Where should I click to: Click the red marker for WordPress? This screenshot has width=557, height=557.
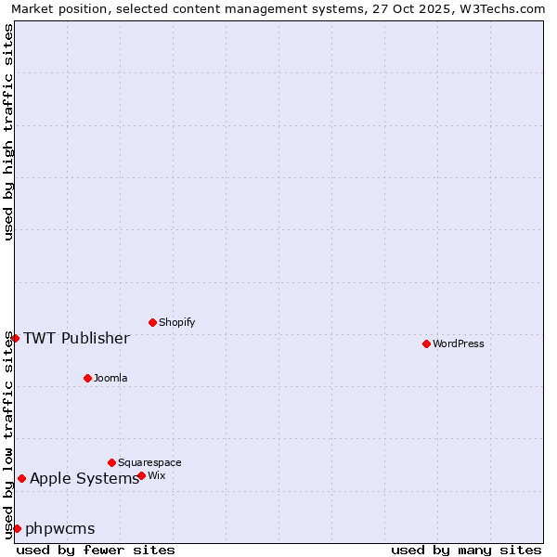pyautogui.click(x=426, y=343)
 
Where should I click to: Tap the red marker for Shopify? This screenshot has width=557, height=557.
pyautogui.click(x=152, y=322)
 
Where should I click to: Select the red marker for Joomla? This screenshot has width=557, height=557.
pyautogui.click(x=87, y=378)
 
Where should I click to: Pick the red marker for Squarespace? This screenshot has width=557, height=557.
pyautogui.click(x=111, y=462)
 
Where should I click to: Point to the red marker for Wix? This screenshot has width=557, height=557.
pyautogui.click(x=141, y=475)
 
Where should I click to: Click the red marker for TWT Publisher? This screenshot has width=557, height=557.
pyautogui.click(x=15, y=338)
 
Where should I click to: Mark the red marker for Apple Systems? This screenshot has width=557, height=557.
pyautogui.click(x=21, y=479)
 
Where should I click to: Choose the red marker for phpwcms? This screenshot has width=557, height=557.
pyautogui.click(x=17, y=528)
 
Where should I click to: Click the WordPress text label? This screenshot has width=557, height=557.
pyautogui.click(x=459, y=343)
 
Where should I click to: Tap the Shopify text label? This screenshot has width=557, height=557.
pyautogui.click(x=177, y=322)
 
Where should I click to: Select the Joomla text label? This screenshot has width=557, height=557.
pyautogui.click(x=110, y=378)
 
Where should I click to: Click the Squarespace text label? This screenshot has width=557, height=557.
pyautogui.click(x=149, y=462)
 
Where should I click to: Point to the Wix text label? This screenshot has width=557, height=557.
pyautogui.click(x=157, y=475)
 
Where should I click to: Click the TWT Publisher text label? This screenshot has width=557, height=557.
pyautogui.click(x=76, y=338)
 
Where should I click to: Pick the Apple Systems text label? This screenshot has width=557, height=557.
pyautogui.click(x=84, y=479)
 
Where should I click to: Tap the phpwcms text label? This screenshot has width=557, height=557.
pyautogui.click(x=60, y=529)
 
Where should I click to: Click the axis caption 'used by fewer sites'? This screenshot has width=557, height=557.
pyautogui.click(x=96, y=550)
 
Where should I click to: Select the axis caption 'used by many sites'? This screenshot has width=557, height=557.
pyautogui.click(x=466, y=550)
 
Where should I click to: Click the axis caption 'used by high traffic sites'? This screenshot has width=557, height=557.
pyautogui.click(x=8, y=132)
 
